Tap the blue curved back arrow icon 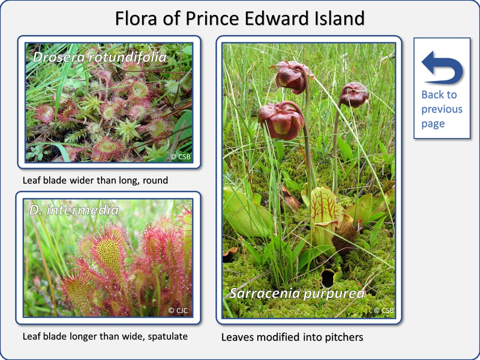442,67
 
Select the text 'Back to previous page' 442,109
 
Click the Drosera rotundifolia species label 100,57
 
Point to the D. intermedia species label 74,210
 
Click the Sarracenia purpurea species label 297,293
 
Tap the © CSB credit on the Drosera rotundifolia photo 181,157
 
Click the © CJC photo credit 178,310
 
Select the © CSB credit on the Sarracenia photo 383,310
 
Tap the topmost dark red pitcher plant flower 291,77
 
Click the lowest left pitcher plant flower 280,120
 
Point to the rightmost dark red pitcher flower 354,95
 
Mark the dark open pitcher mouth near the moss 328,278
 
